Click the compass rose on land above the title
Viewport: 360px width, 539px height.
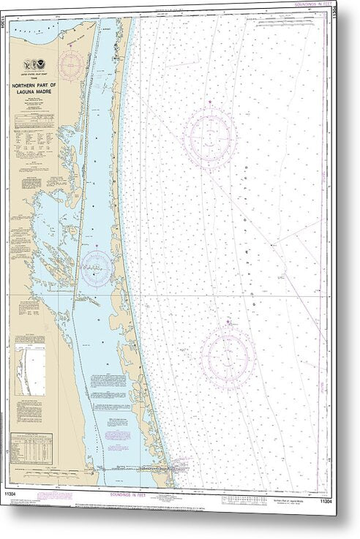72,65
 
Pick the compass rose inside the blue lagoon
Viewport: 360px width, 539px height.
97,268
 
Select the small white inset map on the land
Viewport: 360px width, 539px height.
31,371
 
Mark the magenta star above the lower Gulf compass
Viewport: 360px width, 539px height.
228,321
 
